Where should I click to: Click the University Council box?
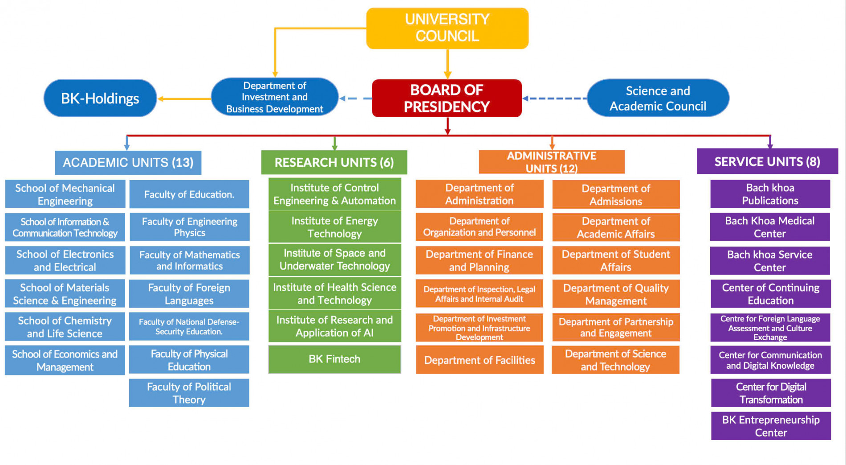click(x=447, y=28)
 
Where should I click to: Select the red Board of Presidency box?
click(x=447, y=98)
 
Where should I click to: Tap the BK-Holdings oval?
click(x=100, y=98)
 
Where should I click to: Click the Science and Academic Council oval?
click(x=658, y=98)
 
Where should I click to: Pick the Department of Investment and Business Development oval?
click(x=275, y=97)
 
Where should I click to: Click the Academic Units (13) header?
click(x=128, y=162)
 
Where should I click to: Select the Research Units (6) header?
click(x=334, y=162)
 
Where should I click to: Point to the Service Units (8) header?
click(x=767, y=161)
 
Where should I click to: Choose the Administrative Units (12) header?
click(x=551, y=162)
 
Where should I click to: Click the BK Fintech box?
click(x=334, y=359)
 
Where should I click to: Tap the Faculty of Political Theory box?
click(x=189, y=393)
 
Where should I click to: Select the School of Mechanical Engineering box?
click(x=65, y=194)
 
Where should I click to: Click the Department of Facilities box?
click(x=480, y=360)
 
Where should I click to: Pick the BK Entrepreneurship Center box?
click(x=771, y=426)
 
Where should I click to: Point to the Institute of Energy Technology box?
click(x=334, y=227)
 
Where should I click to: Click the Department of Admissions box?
click(x=616, y=194)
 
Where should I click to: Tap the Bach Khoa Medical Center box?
click(x=770, y=227)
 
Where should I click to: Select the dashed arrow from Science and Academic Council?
click(x=554, y=99)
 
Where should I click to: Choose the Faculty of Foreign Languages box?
click(x=189, y=294)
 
